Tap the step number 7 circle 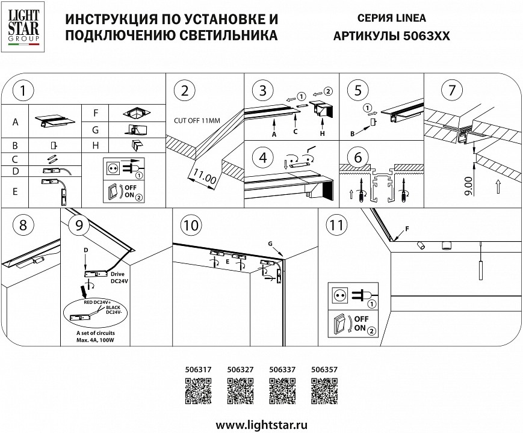pyautogui.click(x=448, y=91)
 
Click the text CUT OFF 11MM pyautogui.click(x=197, y=120)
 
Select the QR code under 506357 pyautogui.click(x=323, y=394)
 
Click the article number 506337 pyautogui.click(x=281, y=370)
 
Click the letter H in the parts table pyautogui.click(x=95, y=146)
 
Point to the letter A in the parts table pyautogui.click(x=15, y=122)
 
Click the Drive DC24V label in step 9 pyautogui.click(x=117, y=278)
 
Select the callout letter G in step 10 pyautogui.click(x=271, y=242)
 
